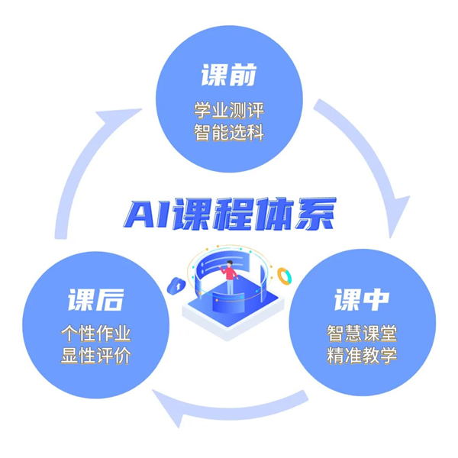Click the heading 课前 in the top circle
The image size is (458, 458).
229,75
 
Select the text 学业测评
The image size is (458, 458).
229,110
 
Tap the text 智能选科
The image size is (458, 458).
229,132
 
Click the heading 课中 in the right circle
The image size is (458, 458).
362,299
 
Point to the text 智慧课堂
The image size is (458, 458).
362,333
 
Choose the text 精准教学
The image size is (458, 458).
362,355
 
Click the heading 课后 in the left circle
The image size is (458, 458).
96,299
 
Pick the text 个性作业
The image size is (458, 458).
96,333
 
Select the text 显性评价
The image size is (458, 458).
96,355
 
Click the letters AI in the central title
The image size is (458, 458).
148,214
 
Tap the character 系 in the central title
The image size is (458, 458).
314,214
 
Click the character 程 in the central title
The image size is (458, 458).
234,214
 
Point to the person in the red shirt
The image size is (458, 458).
230,277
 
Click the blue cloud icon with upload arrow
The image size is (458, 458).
176,285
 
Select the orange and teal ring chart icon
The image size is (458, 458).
284,276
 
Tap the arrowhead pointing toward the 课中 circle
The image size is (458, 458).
398,216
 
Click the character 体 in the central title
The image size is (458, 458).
274,214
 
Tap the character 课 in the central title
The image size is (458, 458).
193,214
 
